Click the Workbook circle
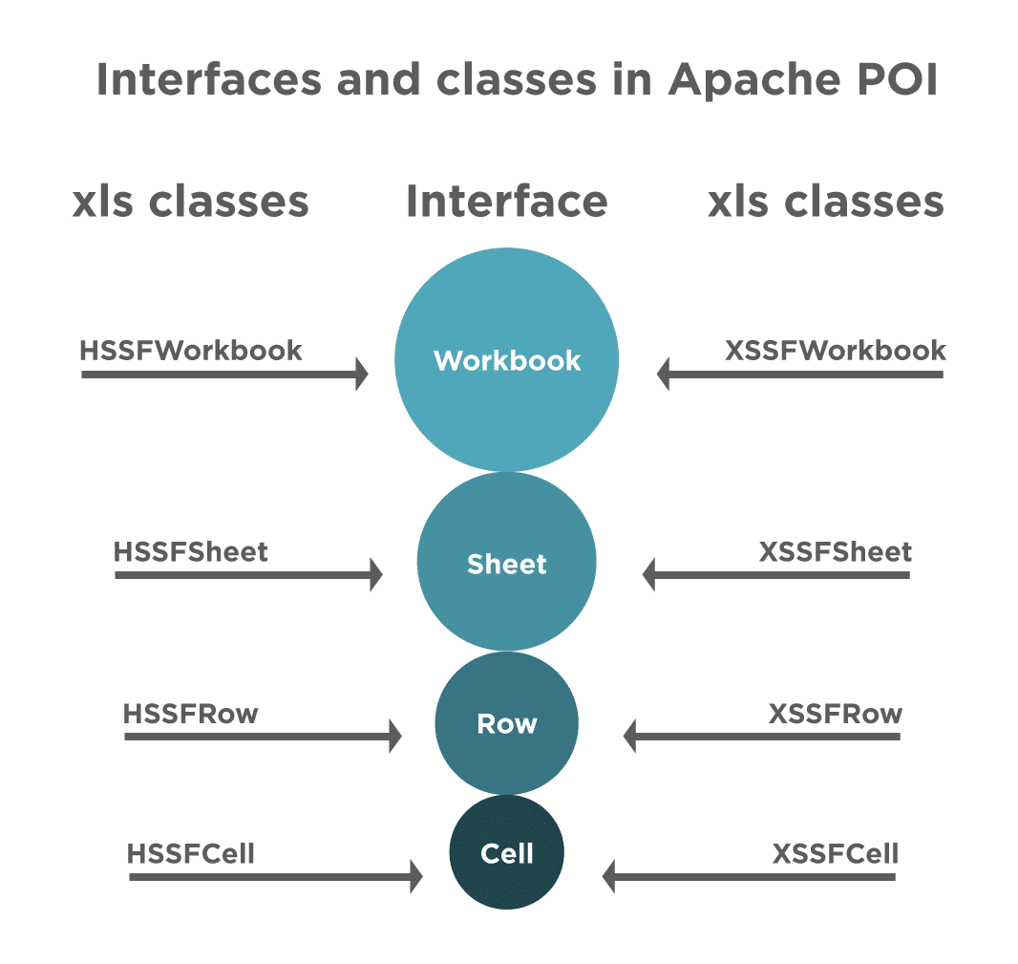(x=506, y=359)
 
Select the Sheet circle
(x=506, y=563)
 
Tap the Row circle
(x=506, y=723)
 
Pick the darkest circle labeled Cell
(x=506, y=853)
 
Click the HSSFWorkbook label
(x=191, y=350)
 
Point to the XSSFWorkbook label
(x=836, y=350)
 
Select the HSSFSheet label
(x=191, y=552)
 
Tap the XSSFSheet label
(x=836, y=552)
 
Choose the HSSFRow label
(x=191, y=714)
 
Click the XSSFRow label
(x=836, y=714)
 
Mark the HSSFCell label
(x=191, y=853)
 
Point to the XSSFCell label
(x=836, y=853)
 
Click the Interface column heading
(x=507, y=203)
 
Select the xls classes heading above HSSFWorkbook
(x=191, y=203)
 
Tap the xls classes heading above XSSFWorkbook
(x=826, y=203)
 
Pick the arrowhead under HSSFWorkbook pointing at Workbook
(x=361, y=374)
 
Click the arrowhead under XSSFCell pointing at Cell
(x=609, y=875)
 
